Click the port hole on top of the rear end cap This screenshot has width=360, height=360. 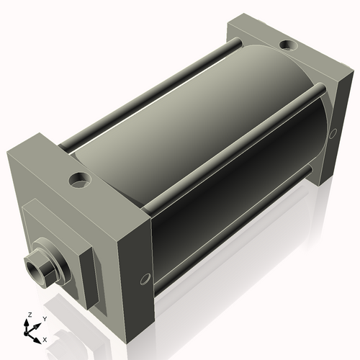(x=287, y=45)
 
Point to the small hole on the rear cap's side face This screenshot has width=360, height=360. (x=333, y=134)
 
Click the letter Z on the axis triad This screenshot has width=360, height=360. (x=30, y=315)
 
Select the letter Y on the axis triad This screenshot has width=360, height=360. (x=45, y=318)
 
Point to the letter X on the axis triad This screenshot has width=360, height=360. (x=45, y=338)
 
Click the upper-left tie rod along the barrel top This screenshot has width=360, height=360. (x=144, y=94)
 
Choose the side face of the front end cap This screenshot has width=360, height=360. (x=137, y=245)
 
